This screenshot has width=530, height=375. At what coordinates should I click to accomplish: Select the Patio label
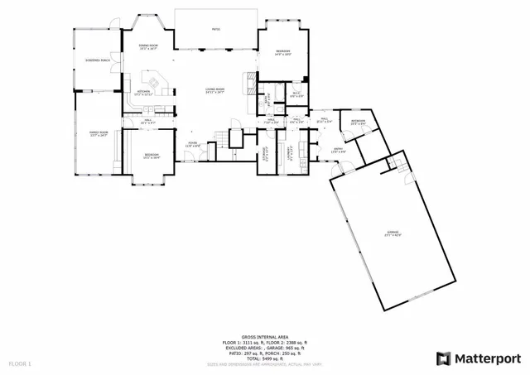(215, 28)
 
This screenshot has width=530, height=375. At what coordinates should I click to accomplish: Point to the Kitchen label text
(142, 92)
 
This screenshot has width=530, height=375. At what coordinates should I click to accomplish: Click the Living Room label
(215, 89)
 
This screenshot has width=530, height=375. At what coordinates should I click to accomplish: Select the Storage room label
(264, 151)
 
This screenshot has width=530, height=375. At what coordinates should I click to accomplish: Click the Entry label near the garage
(338, 151)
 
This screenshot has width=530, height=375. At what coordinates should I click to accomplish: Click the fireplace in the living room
(245, 82)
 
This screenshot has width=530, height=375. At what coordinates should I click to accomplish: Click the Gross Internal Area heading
(264, 337)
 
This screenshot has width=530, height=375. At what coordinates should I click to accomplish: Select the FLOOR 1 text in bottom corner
(20, 363)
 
